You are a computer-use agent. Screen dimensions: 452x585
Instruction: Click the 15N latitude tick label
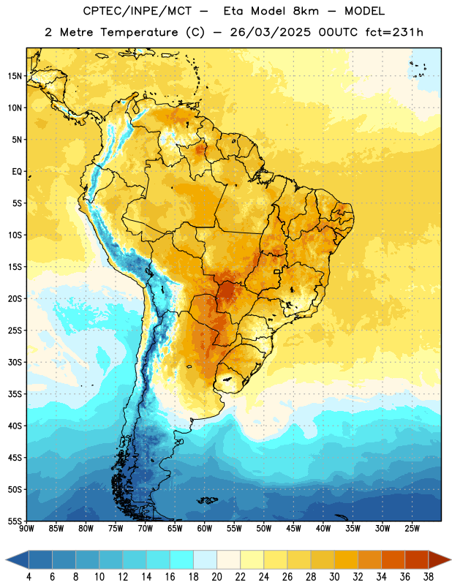15,76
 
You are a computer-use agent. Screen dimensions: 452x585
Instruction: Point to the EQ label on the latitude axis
17,172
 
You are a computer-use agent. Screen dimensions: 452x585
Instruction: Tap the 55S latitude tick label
15,521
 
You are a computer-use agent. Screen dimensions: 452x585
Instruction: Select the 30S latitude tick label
15,362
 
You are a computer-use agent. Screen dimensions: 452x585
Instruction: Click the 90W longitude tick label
26,529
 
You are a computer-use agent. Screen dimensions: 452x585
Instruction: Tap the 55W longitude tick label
234,529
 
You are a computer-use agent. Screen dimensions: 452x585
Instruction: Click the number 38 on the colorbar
428,577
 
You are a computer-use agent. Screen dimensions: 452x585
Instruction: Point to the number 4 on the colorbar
29,577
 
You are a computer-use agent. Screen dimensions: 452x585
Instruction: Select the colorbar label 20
216,577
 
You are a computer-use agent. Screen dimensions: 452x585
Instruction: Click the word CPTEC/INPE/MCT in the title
137,11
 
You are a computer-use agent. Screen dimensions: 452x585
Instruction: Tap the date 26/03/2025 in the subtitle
270,32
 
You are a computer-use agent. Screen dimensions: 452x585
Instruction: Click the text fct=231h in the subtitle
394,32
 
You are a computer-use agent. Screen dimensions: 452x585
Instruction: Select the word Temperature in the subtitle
139,32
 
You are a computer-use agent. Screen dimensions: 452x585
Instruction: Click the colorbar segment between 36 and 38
417,560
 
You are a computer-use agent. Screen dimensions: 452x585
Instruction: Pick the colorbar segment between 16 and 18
182,560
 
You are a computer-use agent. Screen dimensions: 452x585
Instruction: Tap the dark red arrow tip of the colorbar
440,560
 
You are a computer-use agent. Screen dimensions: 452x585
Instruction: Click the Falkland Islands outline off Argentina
208,500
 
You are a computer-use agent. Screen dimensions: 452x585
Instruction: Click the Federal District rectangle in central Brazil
277,271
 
